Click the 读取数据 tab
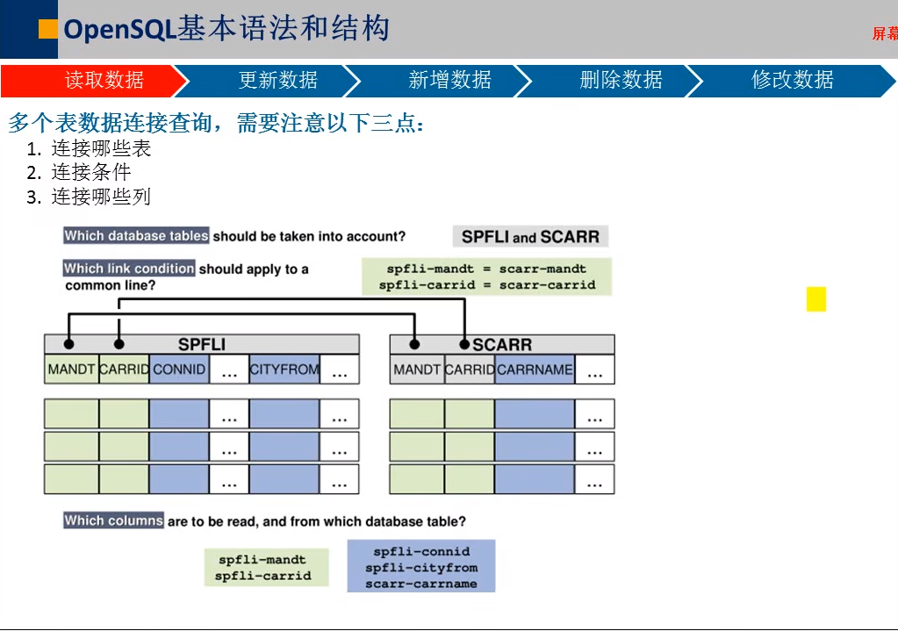coord(104,81)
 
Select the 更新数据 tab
coord(277,81)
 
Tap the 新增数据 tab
coord(449,81)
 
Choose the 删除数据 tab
coord(621,81)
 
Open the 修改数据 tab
coord(792,81)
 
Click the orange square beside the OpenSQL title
coord(48,29)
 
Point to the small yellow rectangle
coord(816,299)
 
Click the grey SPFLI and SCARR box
coord(530,237)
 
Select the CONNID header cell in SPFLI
coord(179,369)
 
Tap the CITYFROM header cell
coord(284,369)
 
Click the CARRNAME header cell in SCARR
coord(535,369)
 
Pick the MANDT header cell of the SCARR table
coord(417,369)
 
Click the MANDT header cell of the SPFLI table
coord(71,369)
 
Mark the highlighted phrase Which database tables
coord(136,235)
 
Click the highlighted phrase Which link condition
coord(129,269)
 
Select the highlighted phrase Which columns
coord(113,520)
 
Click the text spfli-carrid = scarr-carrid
coord(487,285)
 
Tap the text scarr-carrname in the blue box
coord(421,584)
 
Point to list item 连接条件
coord(90,173)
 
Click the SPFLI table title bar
coord(202,344)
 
